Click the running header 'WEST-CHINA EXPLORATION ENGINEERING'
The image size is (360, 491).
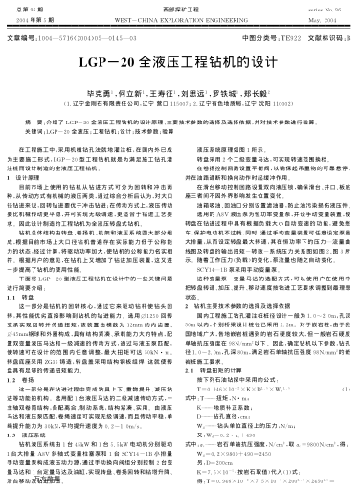click(180, 18)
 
